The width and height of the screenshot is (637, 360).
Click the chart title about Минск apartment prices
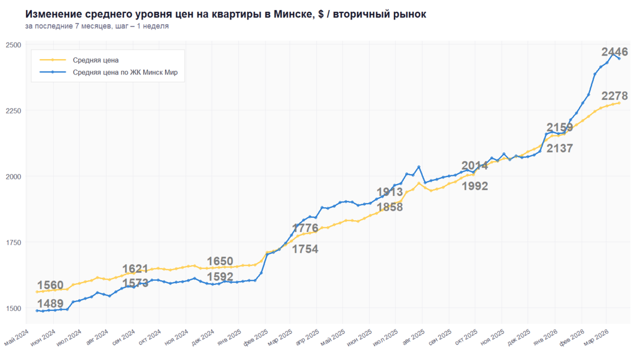tap(225, 14)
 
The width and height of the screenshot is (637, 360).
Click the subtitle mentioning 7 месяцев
tap(97, 27)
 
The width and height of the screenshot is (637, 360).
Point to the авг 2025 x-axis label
tap(415, 340)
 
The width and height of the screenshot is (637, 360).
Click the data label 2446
tap(615, 52)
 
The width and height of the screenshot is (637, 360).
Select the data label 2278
tap(615, 96)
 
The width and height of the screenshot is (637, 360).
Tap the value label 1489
tap(50, 303)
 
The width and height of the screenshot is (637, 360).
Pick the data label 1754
tap(306, 249)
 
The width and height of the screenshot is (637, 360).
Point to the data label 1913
tap(390, 192)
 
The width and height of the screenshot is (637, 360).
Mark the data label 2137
tap(560, 149)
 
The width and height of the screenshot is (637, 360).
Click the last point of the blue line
tap(619, 58)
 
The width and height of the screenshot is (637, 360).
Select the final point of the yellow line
tap(619, 103)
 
